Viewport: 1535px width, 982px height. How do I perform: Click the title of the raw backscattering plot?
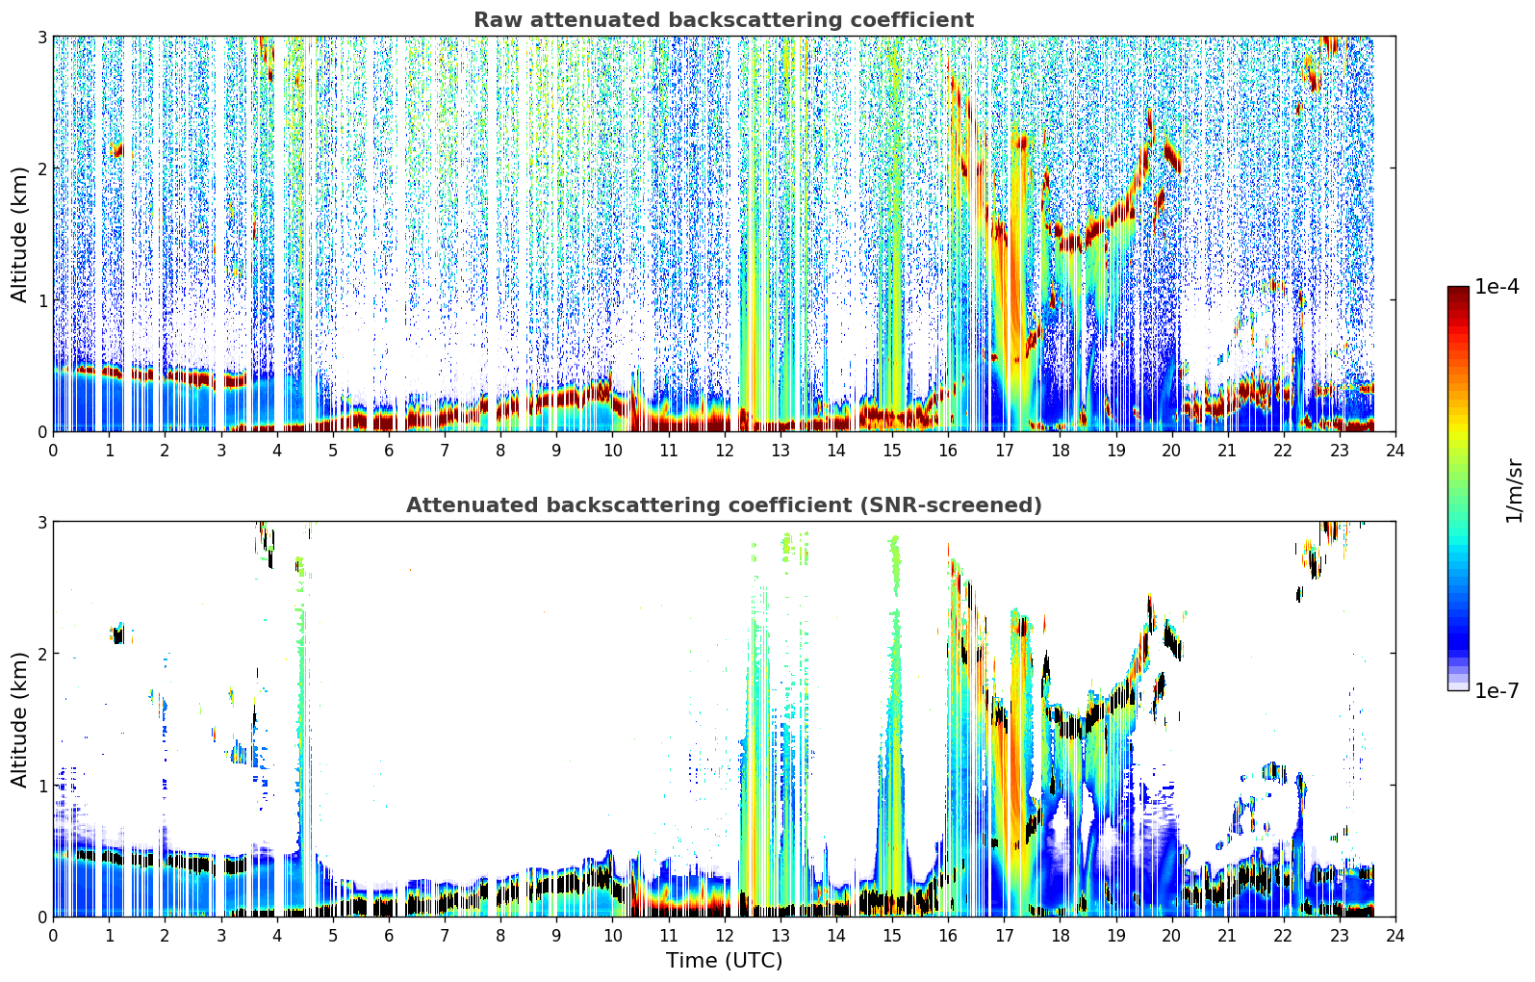[x=724, y=19]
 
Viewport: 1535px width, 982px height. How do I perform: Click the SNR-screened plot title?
[x=724, y=504]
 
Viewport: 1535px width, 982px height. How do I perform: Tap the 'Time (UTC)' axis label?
[x=724, y=960]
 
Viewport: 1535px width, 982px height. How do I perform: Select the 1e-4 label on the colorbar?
[x=1497, y=287]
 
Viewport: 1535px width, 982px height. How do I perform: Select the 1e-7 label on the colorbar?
[x=1497, y=690]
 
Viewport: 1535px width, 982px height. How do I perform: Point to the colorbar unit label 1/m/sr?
[x=1514, y=491]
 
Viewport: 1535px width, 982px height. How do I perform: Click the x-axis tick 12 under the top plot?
[x=725, y=451]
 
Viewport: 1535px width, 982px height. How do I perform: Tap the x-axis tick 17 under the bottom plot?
[x=1004, y=936]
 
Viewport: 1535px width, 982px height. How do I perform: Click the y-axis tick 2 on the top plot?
[x=41, y=168]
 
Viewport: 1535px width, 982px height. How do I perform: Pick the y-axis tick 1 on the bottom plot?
[x=41, y=786]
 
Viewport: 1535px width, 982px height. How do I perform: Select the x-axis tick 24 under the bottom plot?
[x=1395, y=936]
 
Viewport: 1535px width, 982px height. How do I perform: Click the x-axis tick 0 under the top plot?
[x=54, y=451]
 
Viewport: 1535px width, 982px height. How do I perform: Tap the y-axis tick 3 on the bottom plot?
[x=41, y=523]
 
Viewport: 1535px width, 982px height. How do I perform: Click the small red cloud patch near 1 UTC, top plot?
[x=117, y=149]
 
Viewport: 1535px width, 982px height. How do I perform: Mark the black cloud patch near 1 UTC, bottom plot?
[x=118, y=635]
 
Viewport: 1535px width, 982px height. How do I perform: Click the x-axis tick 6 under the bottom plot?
[x=389, y=936]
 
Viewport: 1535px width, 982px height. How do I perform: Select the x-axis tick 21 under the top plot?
[x=1227, y=451]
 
